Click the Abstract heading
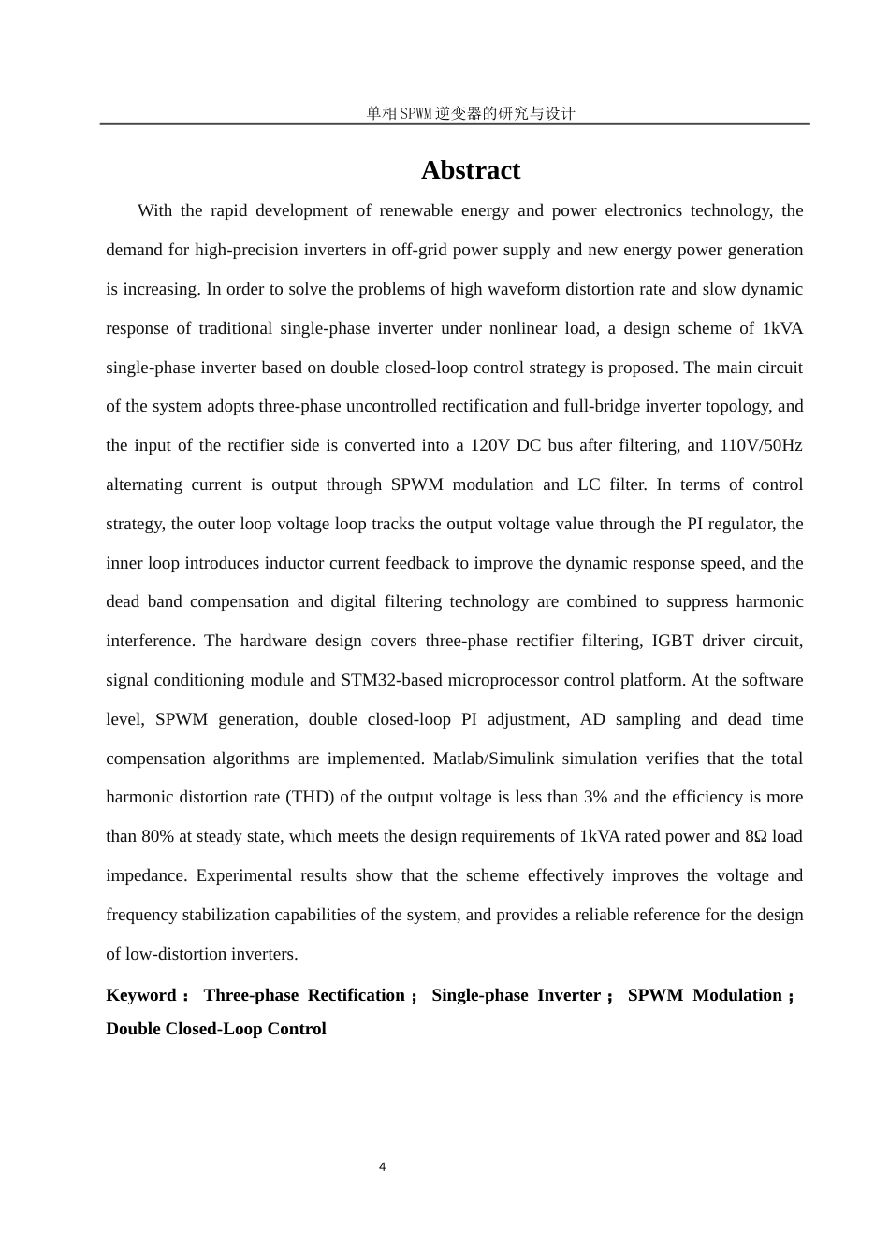click(470, 170)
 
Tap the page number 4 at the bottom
click(382, 1166)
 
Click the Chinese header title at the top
click(470, 113)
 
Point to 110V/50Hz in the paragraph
click(760, 445)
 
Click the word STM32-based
click(388, 680)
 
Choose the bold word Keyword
click(141, 995)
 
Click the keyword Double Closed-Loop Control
click(216, 1029)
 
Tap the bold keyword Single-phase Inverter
click(516, 995)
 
